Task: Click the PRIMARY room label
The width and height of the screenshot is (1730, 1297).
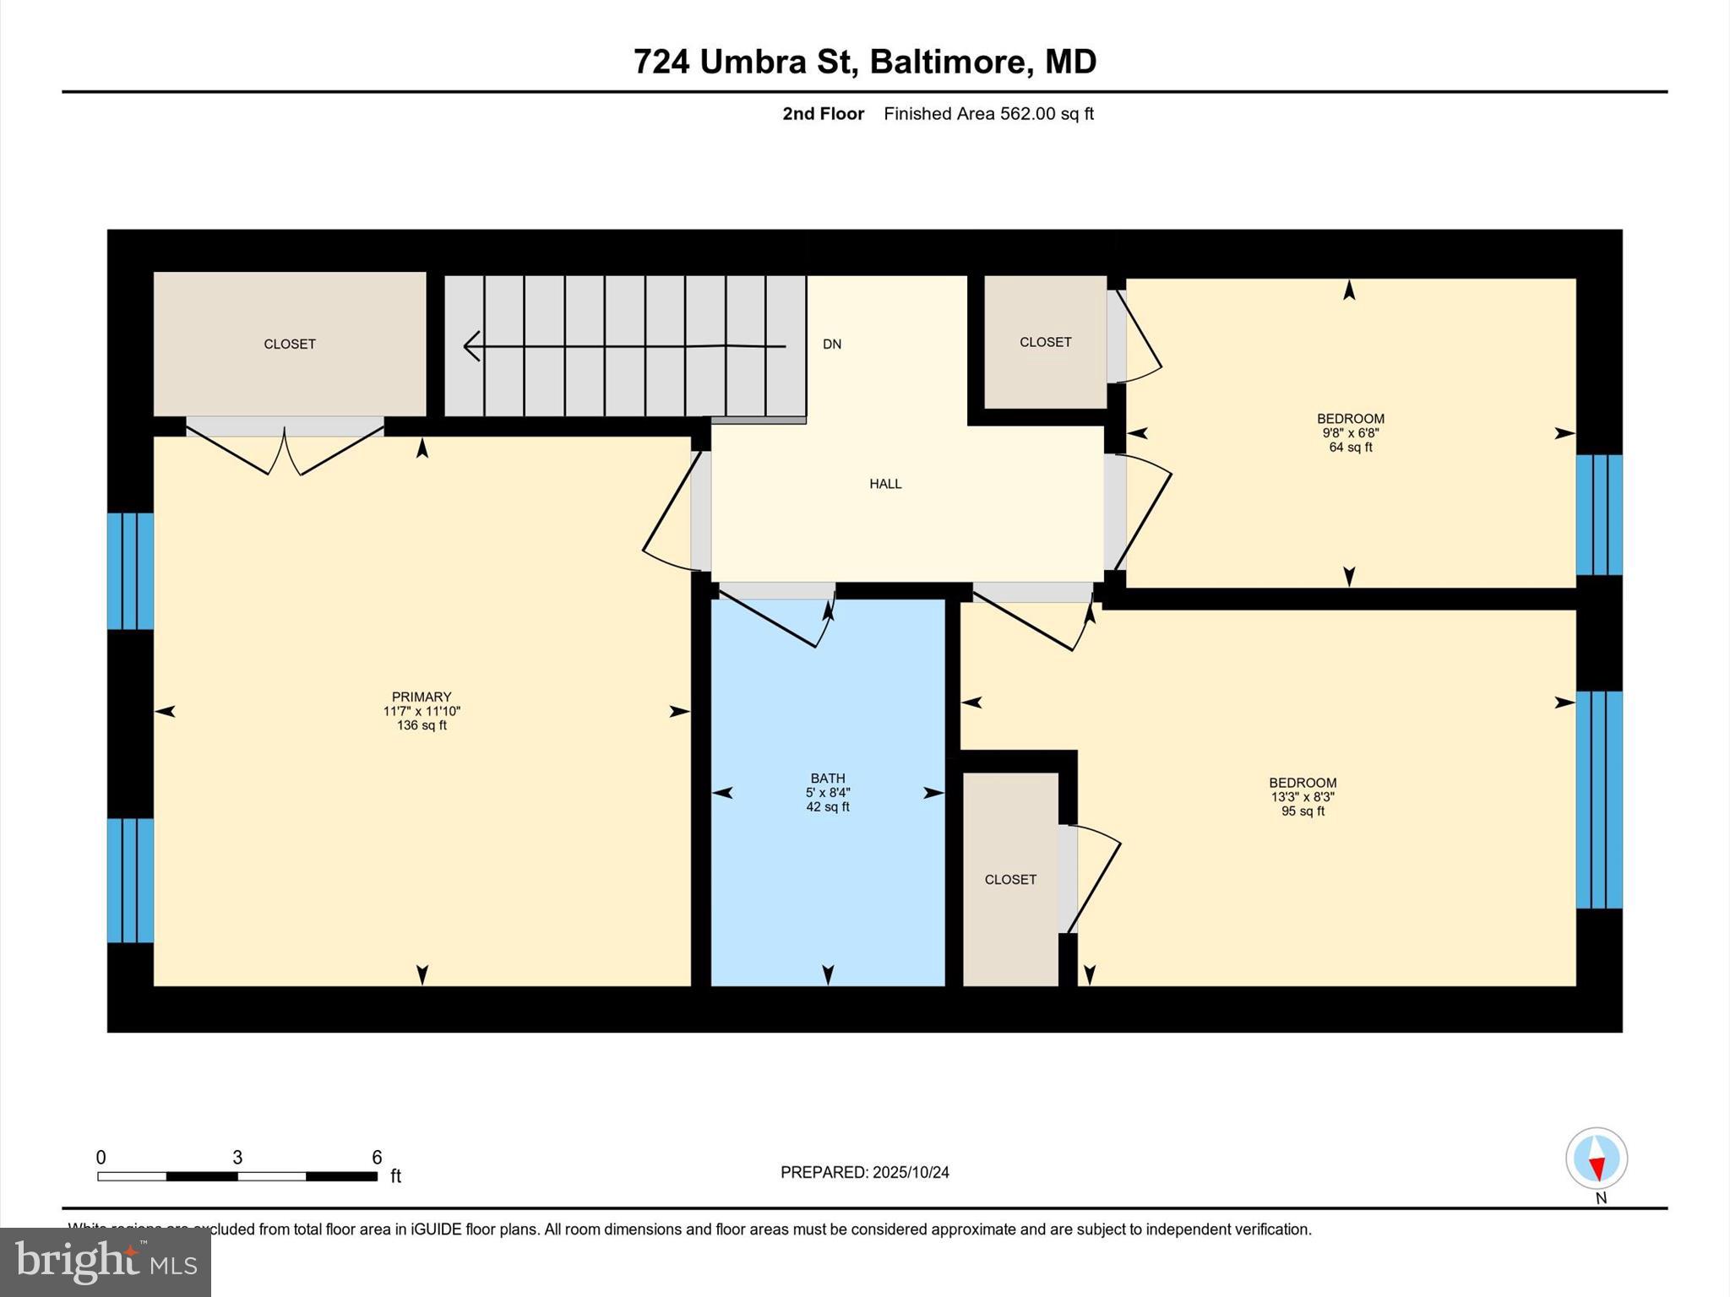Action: pyautogui.click(x=421, y=697)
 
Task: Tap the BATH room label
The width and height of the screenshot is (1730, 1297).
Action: pyautogui.click(x=827, y=778)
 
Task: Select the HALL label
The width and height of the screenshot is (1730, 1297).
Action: pyautogui.click(x=885, y=484)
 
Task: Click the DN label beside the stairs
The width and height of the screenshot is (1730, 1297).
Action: pyautogui.click(x=832, y=344)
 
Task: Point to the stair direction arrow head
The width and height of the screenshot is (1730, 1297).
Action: pyautogui.click(x=472, y=346)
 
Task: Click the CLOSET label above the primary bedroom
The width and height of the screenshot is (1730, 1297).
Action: pyautogui.click(x=290, y=344)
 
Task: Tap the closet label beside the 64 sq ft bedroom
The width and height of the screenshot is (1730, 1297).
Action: pyautogui.click(x=1045, y=342)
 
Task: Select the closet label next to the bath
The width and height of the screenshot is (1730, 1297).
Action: pyautogui.click(x=1009, y=879)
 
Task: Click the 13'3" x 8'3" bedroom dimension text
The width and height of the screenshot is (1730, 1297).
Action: pyautogui.click(x=1302, y=797)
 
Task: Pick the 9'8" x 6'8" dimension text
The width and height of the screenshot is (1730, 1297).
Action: pyautogui.click(x=1350, y=433)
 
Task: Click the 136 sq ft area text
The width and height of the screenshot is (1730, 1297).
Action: pyautogui.click(x=421, y=725)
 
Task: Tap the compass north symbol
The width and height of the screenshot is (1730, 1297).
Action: pyautogui.click(x=1596, y=1159)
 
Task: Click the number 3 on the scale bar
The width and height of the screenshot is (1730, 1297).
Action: pyautogui.click(x=237, y=1157)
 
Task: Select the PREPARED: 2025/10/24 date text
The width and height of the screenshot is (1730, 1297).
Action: pyautogui.click(x=864, y=1172)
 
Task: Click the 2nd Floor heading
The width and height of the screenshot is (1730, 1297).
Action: pyautogui.click(x=823, y=114)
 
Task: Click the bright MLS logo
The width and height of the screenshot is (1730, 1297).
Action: pyautogui.click(x=106, y=1262)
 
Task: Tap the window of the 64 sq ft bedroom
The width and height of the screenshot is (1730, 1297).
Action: pyautogui.click(x=1598, y=514)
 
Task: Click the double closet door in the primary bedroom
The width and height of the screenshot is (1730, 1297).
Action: pyautogui.click(x=285, y=448)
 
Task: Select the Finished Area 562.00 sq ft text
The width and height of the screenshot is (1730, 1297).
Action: pyautogui.click(x=988, y=114)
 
